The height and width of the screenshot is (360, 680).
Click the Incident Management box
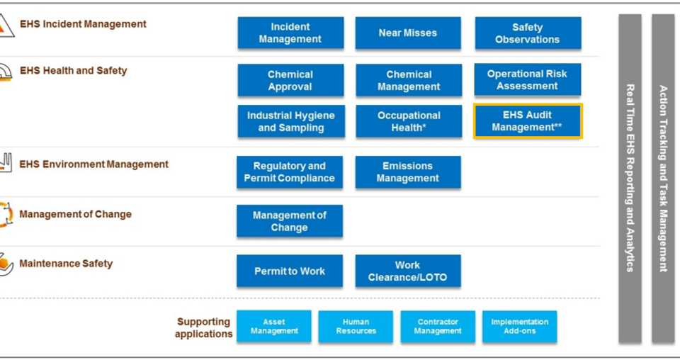pos(290,33)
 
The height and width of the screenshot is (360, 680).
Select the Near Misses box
pos(408,33)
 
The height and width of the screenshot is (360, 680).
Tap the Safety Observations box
pos(528,33)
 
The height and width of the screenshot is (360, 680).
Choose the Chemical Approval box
pos(290,80)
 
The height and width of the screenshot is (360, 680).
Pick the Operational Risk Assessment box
pos(527,80)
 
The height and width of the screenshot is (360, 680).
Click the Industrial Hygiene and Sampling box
pos(291,121)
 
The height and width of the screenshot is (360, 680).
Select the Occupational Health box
pos(409,121)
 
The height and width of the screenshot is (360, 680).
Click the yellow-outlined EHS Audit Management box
pos(528,121)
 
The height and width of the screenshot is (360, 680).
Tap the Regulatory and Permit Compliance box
pos(289,172)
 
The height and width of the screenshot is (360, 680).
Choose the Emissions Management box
pos(408,172)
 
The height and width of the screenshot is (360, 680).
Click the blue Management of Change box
pos(289,221)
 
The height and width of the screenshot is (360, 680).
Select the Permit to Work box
pos(289,271)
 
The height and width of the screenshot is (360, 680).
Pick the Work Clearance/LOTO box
pos(408,271)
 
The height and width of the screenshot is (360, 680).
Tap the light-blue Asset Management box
pos(274,326)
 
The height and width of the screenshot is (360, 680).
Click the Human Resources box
pos(356,326)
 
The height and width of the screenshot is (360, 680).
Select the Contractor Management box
pos(438,326)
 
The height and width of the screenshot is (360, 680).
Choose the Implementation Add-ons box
pos(519,326)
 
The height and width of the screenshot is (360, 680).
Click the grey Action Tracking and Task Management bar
pos(663,179)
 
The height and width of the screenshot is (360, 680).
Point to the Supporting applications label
pos(203,327)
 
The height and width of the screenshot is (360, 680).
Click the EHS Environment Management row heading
pos(93,164)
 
